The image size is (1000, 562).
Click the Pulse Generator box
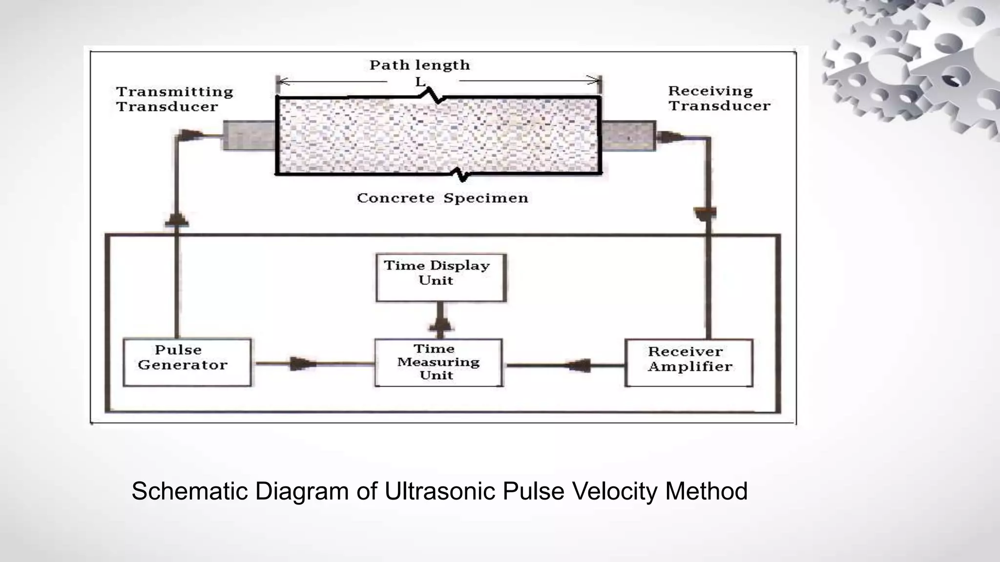[x=187, y=362]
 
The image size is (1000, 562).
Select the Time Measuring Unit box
[x=438, y=362]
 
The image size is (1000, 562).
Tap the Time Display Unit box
[x=440, y=277]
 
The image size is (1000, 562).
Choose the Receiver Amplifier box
[x=689, y=362]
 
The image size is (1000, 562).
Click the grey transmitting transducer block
[x=249, y=135]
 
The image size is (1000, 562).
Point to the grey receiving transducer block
[x=627, y=136]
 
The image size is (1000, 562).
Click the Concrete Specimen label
[x=442, y=198]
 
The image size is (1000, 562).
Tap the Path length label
[x=419, y=65]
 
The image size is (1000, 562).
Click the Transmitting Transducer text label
[x=174, y=99]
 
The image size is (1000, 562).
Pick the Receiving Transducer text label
[x=719, y=98]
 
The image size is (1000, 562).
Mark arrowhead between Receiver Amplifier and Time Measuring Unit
[x=580, y=365]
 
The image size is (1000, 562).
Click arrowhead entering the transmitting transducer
[x=190, y=135]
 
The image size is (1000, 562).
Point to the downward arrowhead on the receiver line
[x=705, y=213]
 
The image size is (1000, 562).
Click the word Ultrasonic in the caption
[x=440, y=491]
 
